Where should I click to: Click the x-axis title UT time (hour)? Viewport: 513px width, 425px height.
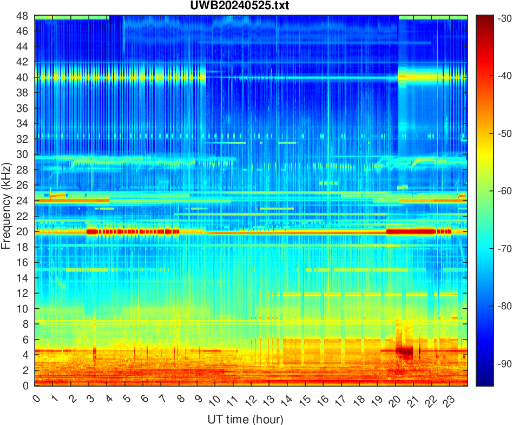(245, 419)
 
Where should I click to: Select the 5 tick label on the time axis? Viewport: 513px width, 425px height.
(126, 400)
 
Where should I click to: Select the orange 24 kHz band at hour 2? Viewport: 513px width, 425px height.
(70, 201)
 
